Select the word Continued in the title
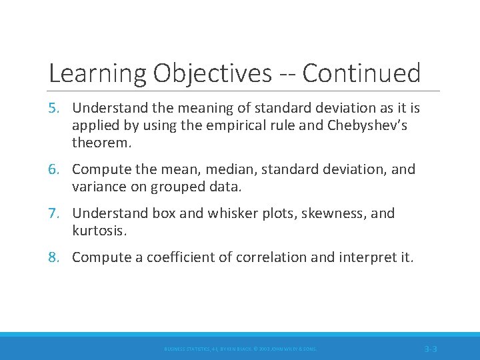coord(361,73)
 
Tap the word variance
coord(99,187)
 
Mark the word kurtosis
coord(98,231)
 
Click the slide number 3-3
coord(430,349)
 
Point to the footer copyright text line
coord(241,349)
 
